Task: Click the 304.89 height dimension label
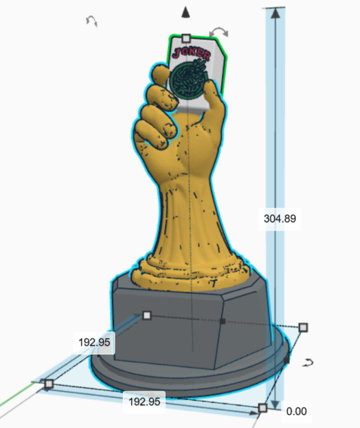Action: (280, 219)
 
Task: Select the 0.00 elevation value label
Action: (296, 411)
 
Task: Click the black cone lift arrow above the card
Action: (186, 12)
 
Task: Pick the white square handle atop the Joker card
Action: (186, 38)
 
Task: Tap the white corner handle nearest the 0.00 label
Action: (262, 408)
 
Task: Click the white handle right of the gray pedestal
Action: (303, 327)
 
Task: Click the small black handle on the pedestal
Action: (223, 322)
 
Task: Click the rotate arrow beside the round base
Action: (309, 362)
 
